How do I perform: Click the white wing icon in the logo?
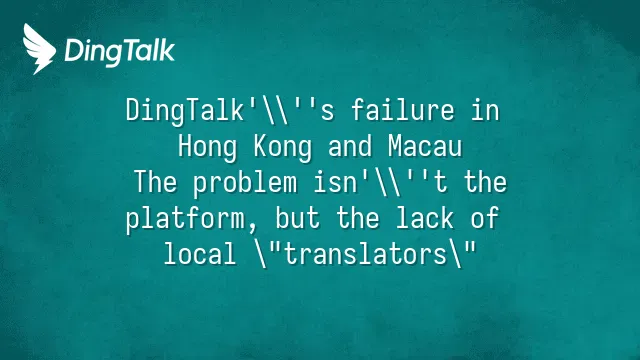(39, 49)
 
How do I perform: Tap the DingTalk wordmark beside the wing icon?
(120, 51)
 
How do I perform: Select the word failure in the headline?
(402, 111)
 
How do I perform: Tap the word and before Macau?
(350, 146)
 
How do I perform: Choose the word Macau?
(425, 146)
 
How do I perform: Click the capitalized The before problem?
(156, 182)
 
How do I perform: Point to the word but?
(298, 218)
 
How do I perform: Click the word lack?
(425, 218)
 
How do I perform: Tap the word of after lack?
(484, 218)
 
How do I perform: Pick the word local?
(200, 253)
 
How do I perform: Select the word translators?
(365, 253)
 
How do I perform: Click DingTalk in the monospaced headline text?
(185, 112)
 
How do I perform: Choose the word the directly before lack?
(358, 218)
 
